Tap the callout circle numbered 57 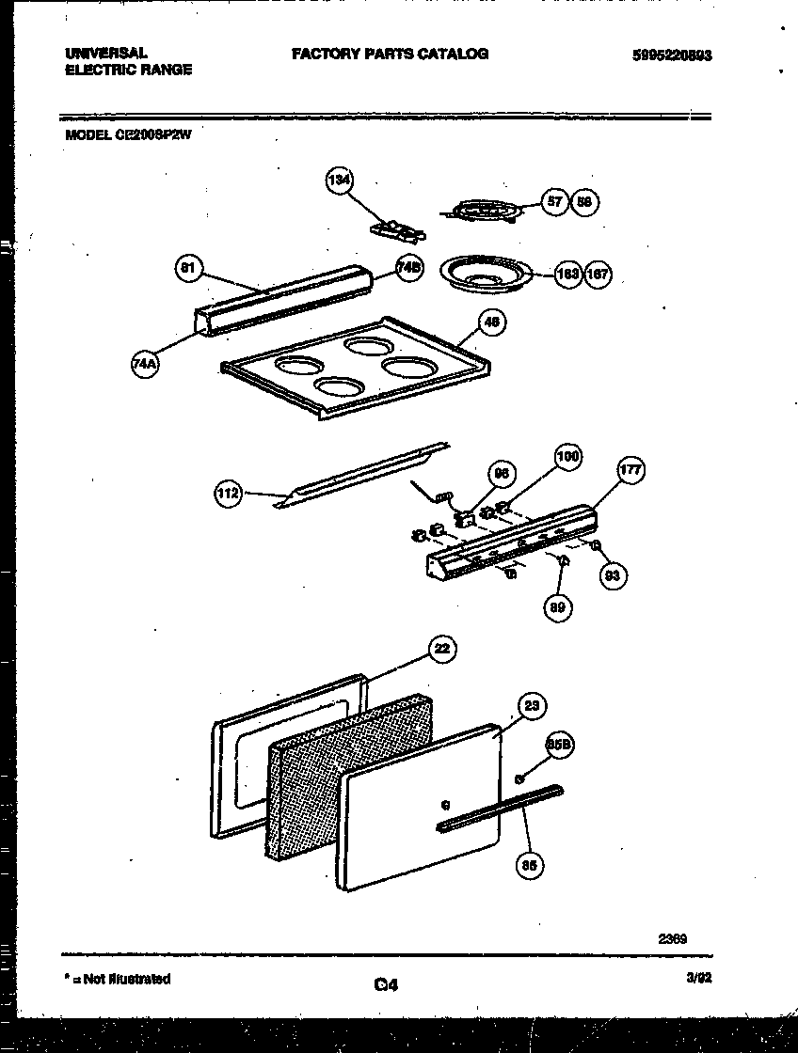coord(555,201)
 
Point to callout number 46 coord(491,322)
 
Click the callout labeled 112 coord(229,493)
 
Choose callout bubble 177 coord(630,471)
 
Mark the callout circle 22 coord(441,649)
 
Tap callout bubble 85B coord(558,745)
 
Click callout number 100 coord(567,458)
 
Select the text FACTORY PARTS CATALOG coord(390,55)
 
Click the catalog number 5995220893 coord(672,55)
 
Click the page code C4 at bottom coord(386,985)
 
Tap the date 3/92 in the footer coord(698,979)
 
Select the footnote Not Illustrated coord(120,979)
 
